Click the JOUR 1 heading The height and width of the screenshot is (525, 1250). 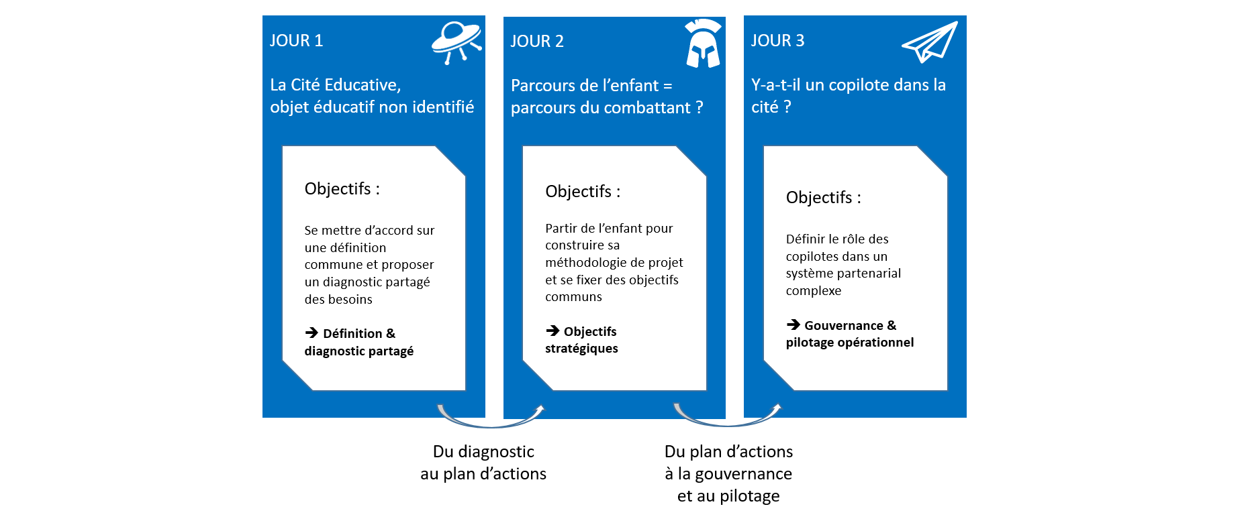(296, 40)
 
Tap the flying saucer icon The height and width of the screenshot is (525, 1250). (456, 42)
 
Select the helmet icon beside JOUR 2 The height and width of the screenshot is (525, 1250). (703, 44)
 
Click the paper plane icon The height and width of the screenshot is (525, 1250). (930, 42)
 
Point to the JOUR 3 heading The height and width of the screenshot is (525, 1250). (777, 40)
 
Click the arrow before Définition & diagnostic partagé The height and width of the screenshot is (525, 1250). (311, 333)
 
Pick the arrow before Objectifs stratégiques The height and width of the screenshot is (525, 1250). (552, 331)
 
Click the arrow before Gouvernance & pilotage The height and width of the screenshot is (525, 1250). (793, 325)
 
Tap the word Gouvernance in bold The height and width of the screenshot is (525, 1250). (844, 325)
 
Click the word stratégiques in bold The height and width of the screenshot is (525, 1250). (581, 349)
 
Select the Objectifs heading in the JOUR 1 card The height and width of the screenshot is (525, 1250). (342, 189)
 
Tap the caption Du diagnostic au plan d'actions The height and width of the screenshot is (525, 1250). (483, 463)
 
